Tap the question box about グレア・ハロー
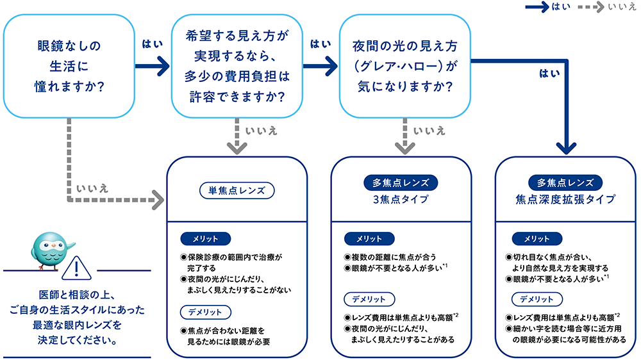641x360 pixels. [x=404, y=66]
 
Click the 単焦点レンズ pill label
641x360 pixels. [x=237, y=190]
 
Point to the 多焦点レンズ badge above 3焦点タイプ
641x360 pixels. [x=401, y=182]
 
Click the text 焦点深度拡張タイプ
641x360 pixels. [x=565, y=199]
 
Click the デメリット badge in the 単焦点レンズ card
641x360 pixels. [x=205, y=312]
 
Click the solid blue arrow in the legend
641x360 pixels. [x=536, y=7]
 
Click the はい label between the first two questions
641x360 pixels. [x=151, y=44]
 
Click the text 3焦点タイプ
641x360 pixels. [x=401, y=199]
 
